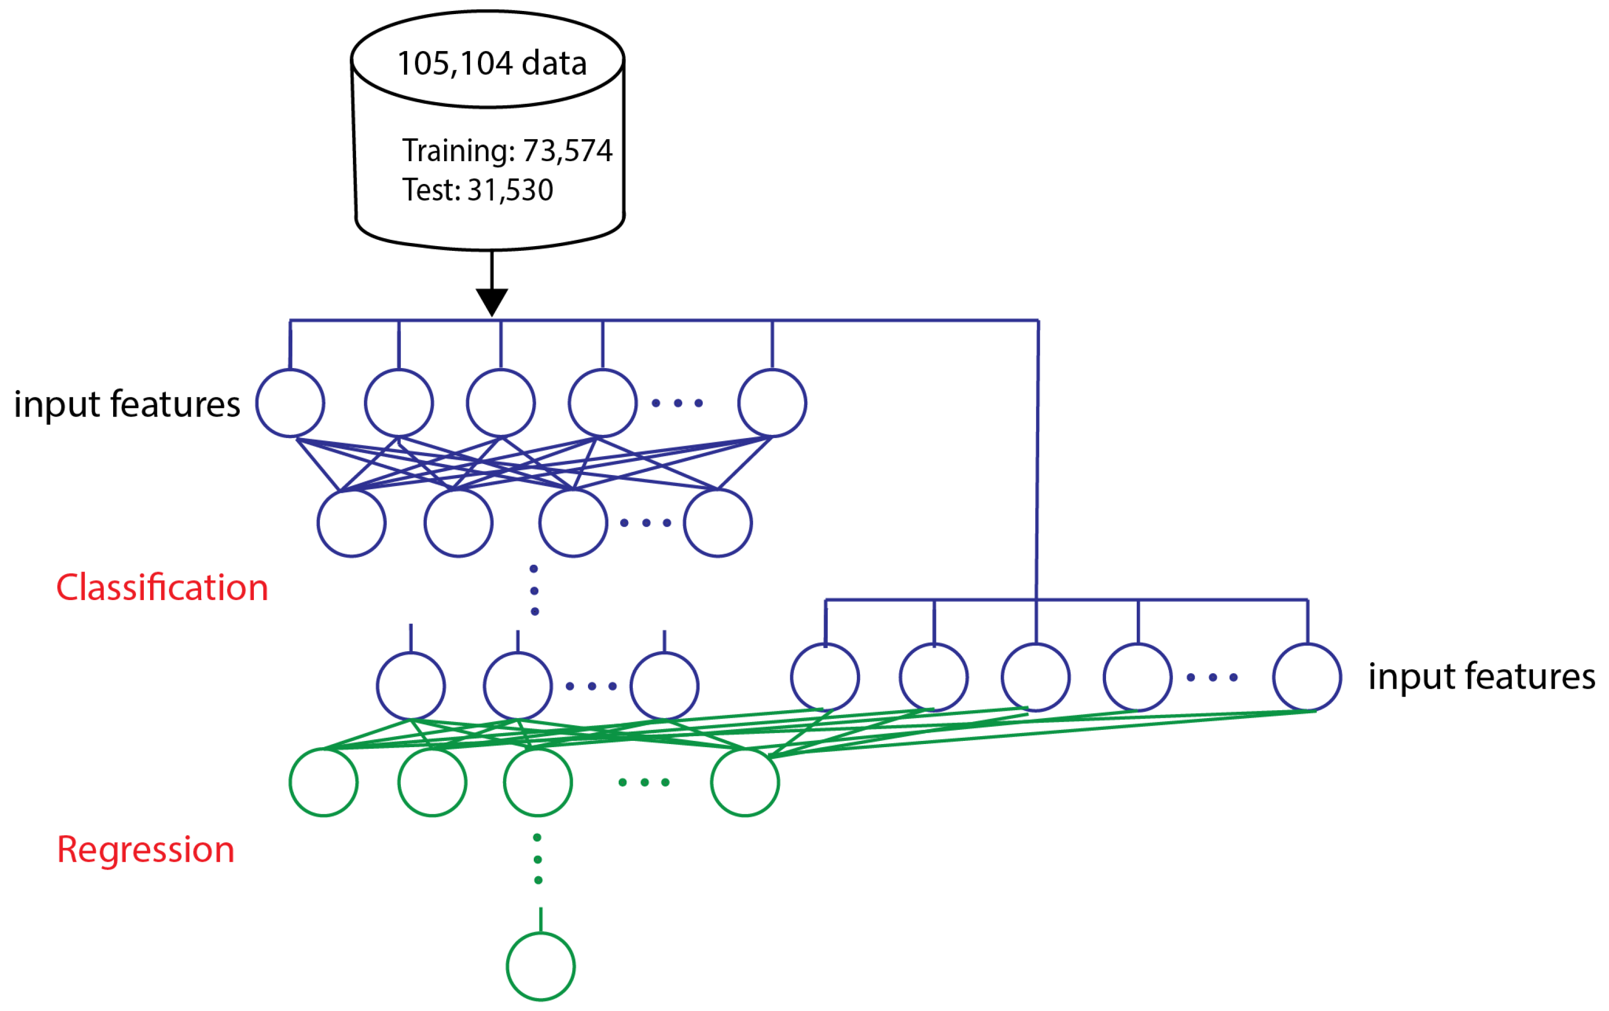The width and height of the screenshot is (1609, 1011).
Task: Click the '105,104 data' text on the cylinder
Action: [x=492, y=64]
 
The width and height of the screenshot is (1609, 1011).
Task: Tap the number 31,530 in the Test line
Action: [x=510, y=190]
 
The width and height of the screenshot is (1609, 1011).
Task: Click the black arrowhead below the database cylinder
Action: [x=492, y=301]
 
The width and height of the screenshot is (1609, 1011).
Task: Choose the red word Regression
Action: [x=145, y=850]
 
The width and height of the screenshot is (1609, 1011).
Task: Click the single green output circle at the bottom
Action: [x=541, y=966]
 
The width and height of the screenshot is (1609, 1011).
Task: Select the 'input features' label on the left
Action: [x=127, y=404]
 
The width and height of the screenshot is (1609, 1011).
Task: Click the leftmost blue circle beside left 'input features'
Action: [x=290, y=403]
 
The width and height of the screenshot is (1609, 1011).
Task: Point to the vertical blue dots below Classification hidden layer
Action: [x=534, y=590]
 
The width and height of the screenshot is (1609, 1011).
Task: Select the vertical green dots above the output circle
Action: [x=538, y=859]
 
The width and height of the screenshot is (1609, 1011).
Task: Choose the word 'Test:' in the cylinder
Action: [x=431, y=190]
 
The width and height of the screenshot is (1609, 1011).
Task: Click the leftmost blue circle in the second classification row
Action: [x=351, y=522]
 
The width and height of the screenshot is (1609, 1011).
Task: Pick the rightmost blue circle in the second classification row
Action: [x=718, y=522]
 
